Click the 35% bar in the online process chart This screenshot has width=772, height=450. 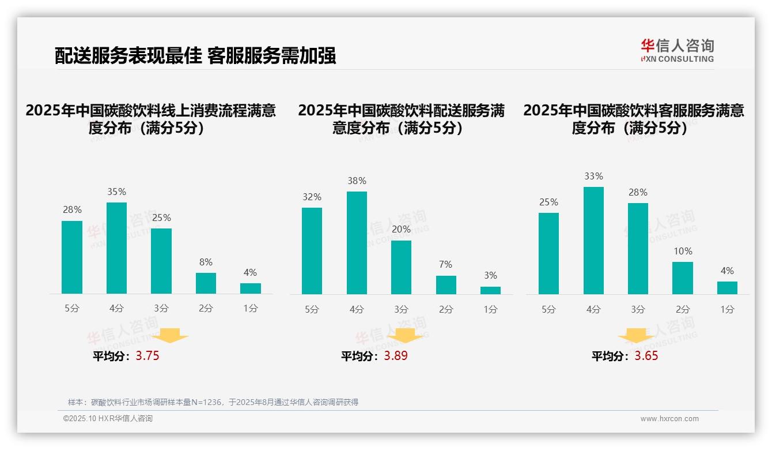click(x=116, y=248)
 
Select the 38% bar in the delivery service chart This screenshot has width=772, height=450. click(x=357, y=243)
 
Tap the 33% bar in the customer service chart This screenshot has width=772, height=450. click(x=593, y=241)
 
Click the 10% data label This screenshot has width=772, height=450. click(x=682, y=252)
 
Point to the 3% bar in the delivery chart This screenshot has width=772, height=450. click(x=490, y=290)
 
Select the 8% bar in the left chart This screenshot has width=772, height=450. click(x=206, y=283)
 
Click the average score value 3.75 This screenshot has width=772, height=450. click(x=147, y=356)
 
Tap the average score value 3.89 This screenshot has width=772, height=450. click(x=396, y=356)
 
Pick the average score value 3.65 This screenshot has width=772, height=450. click(x=646, y=356)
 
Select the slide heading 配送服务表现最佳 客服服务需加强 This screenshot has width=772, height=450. click(x=195, y=56)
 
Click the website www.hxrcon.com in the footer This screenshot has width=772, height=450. click(x=669, y=419)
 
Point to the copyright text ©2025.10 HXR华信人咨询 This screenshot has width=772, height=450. click(x=108, y=419)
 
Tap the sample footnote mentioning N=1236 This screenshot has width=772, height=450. click(x=213, y=402)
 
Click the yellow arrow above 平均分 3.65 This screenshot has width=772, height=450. click(x=636, y=336)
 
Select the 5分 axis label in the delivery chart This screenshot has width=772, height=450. click(x=312, y=309)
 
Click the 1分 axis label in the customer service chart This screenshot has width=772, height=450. click(x=727, y=309)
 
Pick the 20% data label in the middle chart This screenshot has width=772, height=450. click(x=401, y=230)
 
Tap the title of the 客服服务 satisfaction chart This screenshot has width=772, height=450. click(x=634, y=119)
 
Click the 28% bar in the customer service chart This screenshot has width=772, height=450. click(x=638, y=249)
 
